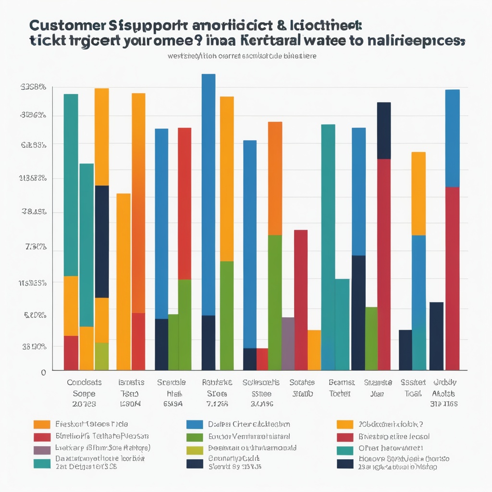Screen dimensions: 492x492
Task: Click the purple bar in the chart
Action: click(x=288, y=344)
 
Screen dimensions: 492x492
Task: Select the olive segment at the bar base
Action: click(x=101, y=356)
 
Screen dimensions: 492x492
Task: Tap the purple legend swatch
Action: click(x=42, y=450)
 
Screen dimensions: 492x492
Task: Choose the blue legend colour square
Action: click(x=195, y=424)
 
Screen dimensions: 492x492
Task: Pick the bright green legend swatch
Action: click(x=195, y=437)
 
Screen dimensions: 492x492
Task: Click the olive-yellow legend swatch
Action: click(x=195, y=450)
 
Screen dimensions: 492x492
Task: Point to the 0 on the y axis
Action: click(x=43, y=372)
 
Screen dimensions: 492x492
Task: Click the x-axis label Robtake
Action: click(x=217, y=382)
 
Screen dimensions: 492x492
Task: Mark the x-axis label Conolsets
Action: click(x=84, y=382)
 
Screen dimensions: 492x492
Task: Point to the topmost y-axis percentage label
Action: click(x=33, y=87)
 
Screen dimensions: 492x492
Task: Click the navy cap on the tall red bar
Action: click(x=384, y=130)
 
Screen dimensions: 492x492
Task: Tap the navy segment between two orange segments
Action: click(x=101, y=241)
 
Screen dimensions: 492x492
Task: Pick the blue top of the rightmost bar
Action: click(x=452, y=138)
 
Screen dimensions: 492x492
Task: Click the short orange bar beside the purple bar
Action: click(x=314, y=350)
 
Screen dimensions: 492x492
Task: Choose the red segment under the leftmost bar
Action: click(x=71, y=353)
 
